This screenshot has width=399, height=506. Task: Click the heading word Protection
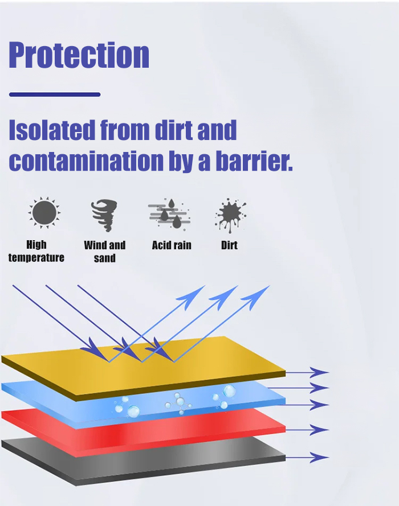coord(79,55)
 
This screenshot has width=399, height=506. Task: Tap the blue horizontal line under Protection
coord(55,94)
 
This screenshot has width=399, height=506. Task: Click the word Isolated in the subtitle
coord(52,130)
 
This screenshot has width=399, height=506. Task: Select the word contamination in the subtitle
coord(86,161)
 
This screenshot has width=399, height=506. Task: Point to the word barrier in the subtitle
coord(254,161)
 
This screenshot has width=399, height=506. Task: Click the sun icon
coord(44,213)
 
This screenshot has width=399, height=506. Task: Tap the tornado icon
coord(104,215)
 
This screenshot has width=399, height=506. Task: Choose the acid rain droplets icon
coord(169,214)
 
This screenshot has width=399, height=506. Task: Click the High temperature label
coord(36,251)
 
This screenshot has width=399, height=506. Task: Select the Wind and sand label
coord(105,252)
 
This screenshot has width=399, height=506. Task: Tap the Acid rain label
coord(172,245)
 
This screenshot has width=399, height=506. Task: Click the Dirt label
coord(229,245)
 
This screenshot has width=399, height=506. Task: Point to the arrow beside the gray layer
coord(307,457)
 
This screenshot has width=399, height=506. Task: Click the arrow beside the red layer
coord(307,430)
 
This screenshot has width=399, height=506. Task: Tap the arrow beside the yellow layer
coord(307,372)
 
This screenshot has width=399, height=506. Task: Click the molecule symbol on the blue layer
coord(178,403)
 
